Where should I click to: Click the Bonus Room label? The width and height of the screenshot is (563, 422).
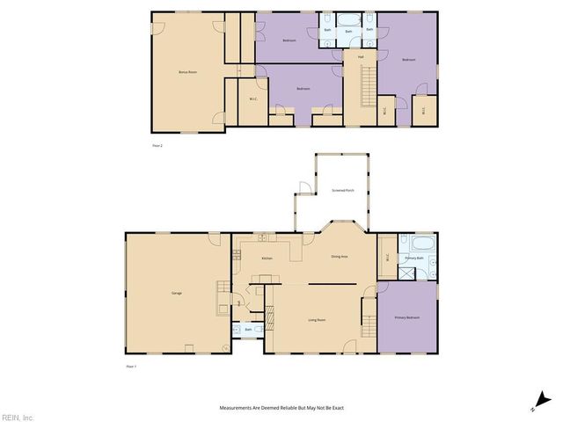coord(187,71)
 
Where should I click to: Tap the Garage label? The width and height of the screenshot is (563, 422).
coord(176,293)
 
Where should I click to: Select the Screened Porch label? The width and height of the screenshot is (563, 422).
coord(343,190)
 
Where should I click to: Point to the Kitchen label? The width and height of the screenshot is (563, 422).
coord(267,258)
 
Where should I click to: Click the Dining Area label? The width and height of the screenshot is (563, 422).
coord(340,256)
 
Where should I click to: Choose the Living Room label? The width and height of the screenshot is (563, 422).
coord(317,319)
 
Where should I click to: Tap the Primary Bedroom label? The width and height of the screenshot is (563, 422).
coord(406,316)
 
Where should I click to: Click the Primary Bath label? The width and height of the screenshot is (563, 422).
coord(414,258)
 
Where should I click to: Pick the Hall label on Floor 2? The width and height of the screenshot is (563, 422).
coord(361,57)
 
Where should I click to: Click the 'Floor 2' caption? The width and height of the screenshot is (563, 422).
coord(157,145)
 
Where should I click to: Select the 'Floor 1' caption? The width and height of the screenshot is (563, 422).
coord(132,366)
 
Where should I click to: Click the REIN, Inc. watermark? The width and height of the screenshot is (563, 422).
coord(18,416)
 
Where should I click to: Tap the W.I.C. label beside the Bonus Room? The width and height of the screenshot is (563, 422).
coord(253,98)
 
